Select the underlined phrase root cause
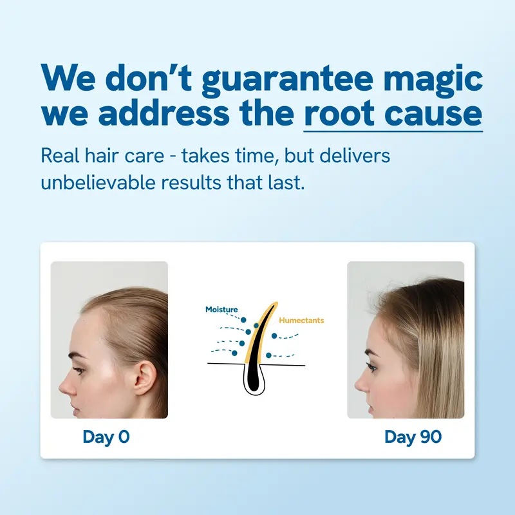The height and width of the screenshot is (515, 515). (x=393, y=114)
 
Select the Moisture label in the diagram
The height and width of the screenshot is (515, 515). (x=221, y=310)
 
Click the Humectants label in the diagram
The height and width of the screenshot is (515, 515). (x=301, y=320)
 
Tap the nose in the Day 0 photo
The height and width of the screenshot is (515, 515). (x=64, y=386)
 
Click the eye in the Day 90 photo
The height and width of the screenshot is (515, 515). (x=371, y=368)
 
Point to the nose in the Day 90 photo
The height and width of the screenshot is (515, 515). (x=358, y=385)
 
